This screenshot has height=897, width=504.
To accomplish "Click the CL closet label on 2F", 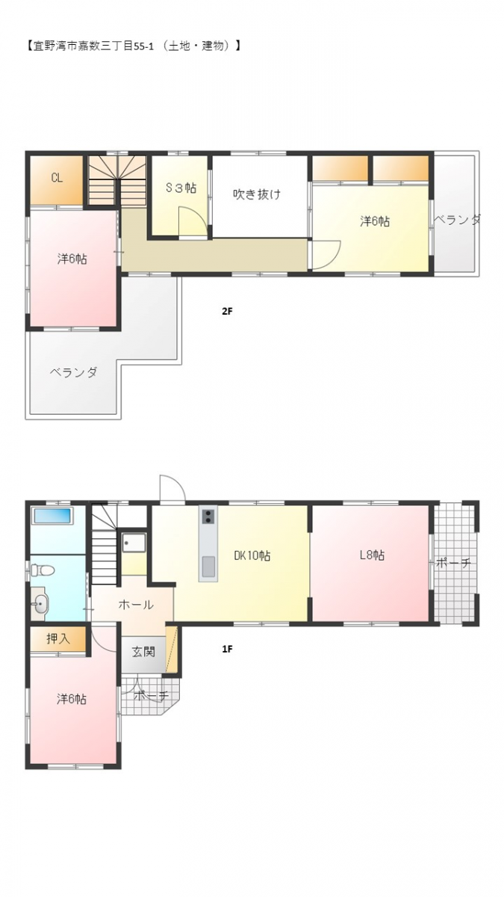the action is coord(57,178).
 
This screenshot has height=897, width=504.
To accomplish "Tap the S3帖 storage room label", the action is coord(181,188).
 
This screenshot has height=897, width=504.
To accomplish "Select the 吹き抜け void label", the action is coord(257,194).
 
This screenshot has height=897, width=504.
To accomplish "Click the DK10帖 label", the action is coord(252,555).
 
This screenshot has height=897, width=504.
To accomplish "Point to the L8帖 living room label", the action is coord(373,555).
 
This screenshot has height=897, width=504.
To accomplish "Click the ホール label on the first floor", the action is coord(136,605).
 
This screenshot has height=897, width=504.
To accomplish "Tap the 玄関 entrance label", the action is coord(143,652).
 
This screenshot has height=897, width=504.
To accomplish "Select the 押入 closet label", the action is coord(58,638).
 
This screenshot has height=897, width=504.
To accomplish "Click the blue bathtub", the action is coord(52,516).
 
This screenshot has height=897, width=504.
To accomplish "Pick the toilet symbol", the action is coord(43,569).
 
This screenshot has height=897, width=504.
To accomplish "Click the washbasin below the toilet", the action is coord(40,603).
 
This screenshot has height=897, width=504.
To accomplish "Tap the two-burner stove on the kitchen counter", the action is coord(208,517).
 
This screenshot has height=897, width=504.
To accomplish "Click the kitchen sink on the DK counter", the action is coord(208,567).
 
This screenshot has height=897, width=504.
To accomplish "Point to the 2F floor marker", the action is coord(227,311).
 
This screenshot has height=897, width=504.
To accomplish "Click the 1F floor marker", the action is coord(227,649).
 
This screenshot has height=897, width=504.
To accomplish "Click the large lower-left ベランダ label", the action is coord(74,372).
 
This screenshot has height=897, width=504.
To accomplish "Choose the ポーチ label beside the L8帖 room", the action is coord(454,563).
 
